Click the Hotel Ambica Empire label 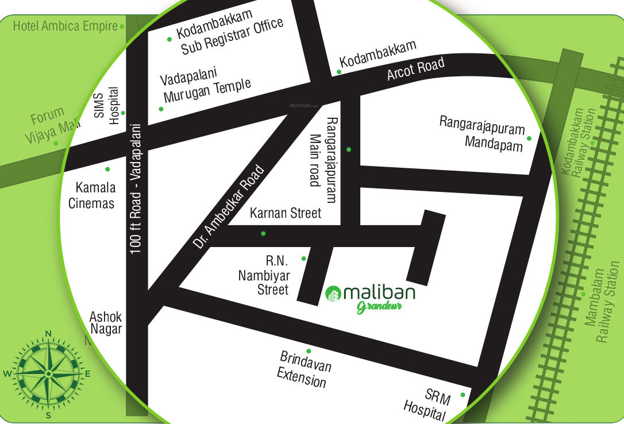[x=65, y=26]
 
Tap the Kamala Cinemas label [x=92, y=195]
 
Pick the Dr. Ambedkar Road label [x=229, y=207]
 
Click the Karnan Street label [x=286, y=214]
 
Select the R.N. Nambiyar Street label [x=264, y=276]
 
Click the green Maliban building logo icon [x=333, y=294]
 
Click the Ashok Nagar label [x=106, y=323]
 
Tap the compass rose [x=48, y=373]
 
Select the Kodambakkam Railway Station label [x=586, y=142]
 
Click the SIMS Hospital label [x=107, y=106]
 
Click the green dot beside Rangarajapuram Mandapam [x=529, y=138]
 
